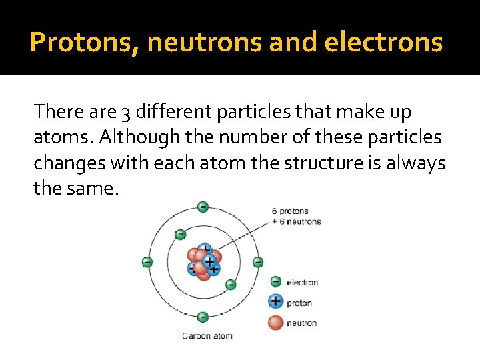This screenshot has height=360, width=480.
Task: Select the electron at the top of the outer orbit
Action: (x=203, y=207)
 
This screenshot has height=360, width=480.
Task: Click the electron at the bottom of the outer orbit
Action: (x=203, y=317)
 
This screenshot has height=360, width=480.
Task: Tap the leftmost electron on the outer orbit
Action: (x=147, y=262)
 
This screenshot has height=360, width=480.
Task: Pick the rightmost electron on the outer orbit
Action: (x=258, y=262)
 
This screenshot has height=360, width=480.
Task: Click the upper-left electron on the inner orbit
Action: (x=180, y=234)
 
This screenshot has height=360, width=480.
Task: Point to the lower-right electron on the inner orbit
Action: (x=231, y=285)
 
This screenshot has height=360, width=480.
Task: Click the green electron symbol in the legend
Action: (x=275, y=282)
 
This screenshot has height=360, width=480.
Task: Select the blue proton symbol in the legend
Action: (x=275, y=302)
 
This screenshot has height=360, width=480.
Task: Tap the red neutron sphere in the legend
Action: (x=275, y=323)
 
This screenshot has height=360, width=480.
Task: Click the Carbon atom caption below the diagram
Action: (x=207, y=335)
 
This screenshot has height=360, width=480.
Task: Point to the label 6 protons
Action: (x=290, y=212)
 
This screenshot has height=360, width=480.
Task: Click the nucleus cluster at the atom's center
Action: (x=204, y=261)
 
